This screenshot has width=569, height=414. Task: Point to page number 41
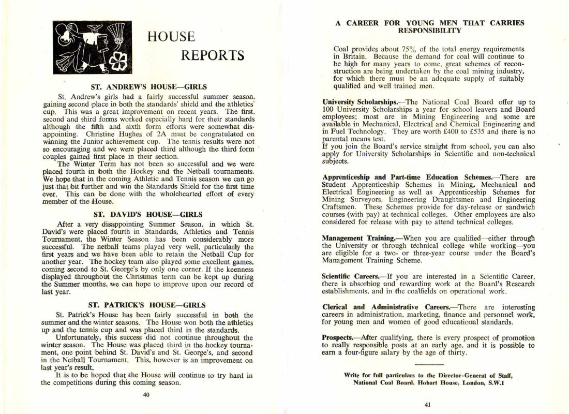tap(428, 405)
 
